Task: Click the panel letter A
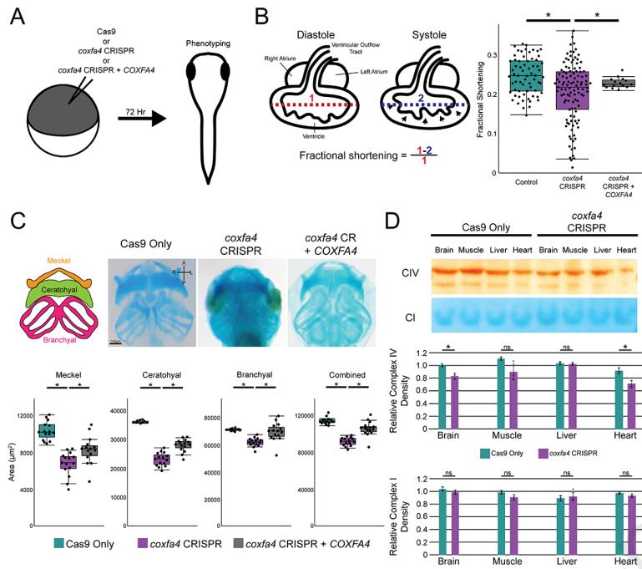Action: (x=16, y=15)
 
